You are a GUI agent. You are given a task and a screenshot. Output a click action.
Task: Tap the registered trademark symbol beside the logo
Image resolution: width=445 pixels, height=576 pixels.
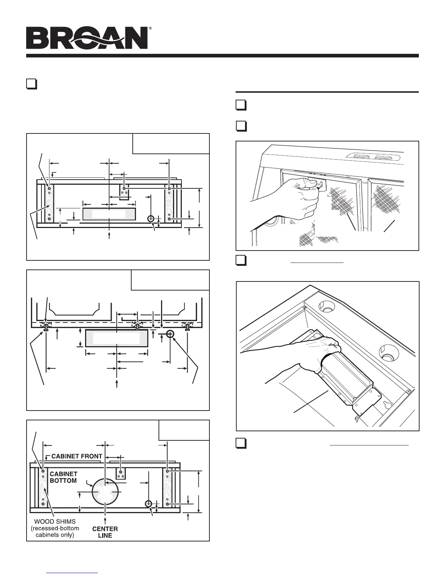(150, 28)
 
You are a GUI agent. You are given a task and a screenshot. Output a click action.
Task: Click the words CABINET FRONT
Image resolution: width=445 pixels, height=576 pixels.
(77, 456)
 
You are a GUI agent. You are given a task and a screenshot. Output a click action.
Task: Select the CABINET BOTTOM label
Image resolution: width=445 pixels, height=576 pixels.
(64, 477)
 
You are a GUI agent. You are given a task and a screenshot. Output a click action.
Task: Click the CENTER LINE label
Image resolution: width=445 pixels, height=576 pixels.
(105, 532)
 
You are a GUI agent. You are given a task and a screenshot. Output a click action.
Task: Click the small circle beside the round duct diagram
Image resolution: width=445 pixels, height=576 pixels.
(148, 504)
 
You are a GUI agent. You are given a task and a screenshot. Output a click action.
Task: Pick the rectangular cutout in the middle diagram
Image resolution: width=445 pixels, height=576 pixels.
(116, 338)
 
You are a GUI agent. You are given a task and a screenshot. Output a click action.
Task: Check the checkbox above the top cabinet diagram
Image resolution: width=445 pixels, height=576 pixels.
(32, 84)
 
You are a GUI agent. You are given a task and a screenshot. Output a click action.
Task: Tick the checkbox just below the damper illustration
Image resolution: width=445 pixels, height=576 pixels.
(241, 443)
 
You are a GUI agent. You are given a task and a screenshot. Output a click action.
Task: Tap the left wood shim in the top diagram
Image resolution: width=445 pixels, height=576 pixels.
(49, 204)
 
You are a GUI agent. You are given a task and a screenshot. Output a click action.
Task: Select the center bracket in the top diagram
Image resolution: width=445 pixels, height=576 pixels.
(125, 192)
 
